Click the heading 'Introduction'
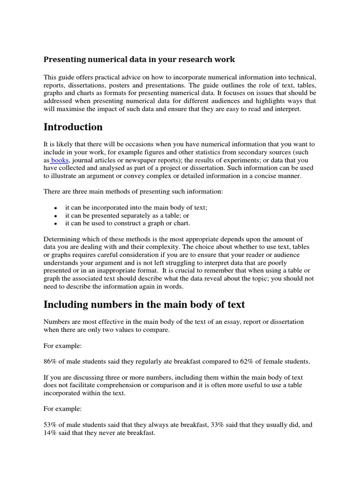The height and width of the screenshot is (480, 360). pyautogui.click(x=73, y=127)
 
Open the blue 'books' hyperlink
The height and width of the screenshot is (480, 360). pyautogui.click(x=60, y=160)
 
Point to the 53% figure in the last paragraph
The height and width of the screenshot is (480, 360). pyautogui.click(x=51, y=425)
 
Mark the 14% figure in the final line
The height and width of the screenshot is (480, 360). pyautogui.click(x=51, y=434)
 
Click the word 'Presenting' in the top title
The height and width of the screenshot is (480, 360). pyautogui.click(x=63, y=60)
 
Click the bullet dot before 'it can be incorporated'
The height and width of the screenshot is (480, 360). pyautogui.click(x=56, y=208)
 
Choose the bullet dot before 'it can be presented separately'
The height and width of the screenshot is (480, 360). pyautogui.click(x=56, y=216)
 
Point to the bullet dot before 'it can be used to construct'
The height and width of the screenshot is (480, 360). pyautogui.click(x=56, y=224)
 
